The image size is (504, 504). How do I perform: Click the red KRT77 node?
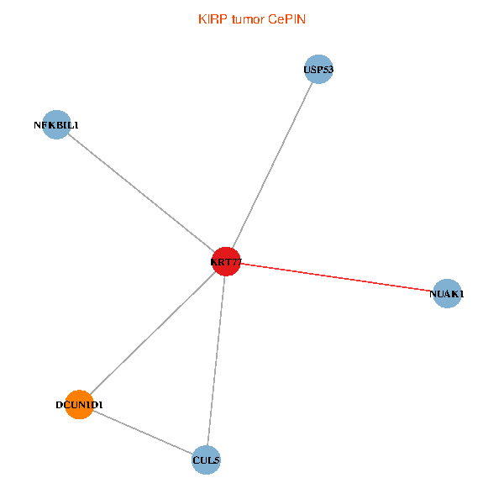click(226, 261)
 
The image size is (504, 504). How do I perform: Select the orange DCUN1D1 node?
click(80, 405)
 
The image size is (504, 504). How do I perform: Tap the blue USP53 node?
click(318, 69)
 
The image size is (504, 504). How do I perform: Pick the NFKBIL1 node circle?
click(56, 124)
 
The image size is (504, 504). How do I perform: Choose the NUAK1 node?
click(447, 293)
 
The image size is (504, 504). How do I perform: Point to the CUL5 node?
click(206, 460)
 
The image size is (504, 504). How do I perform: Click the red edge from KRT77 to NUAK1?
click(337, 277)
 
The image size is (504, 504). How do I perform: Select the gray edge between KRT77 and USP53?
click(272, 165)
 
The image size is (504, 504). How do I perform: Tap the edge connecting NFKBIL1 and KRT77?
click(141, 193)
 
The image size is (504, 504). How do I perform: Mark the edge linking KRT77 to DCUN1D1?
click(153, 333)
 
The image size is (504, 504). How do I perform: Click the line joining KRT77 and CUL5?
click(217, 360)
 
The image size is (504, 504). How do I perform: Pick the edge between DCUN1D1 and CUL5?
click(143, 433)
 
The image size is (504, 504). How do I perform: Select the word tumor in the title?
click(248, 19)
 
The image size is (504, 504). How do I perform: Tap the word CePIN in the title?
click(286, 19)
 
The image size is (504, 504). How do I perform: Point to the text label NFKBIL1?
click(56, 125)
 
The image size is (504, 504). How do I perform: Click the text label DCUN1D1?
click(80, 405)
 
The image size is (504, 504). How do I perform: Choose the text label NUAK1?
click(447, 294)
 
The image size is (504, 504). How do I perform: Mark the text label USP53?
click(318, 70)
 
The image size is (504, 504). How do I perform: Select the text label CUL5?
click(206, 460)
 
